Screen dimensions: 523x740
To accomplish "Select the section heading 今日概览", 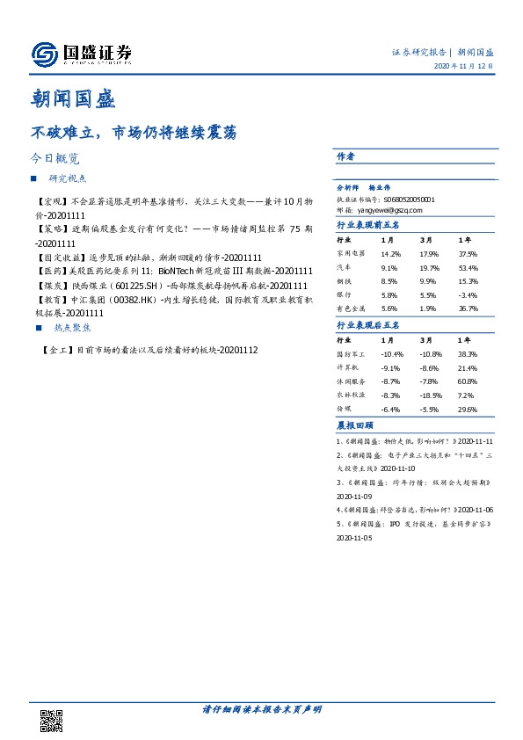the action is [x=55, y=160].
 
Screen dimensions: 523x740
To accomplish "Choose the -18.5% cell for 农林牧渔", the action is [x=431, y=395].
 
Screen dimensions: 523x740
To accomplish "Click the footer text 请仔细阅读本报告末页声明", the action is [x=262, y=709].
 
